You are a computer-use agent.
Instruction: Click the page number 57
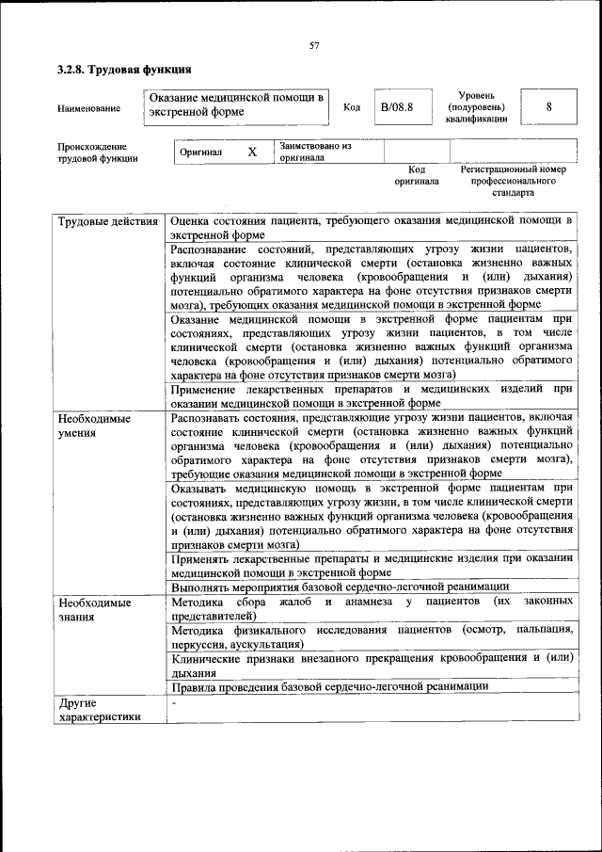coord(315,46)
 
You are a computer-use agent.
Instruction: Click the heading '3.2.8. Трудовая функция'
coord(124,71)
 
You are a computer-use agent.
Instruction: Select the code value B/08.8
coord(397,107)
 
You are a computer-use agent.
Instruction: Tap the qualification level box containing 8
coord(548,107)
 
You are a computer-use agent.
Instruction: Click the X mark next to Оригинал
coord(251,152)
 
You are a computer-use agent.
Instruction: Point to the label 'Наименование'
coord(88,108)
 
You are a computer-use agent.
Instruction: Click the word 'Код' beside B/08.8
coord(352,107)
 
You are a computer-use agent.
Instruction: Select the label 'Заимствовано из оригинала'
coord(314,153)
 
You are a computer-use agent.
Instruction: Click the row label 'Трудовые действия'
coord(107,222)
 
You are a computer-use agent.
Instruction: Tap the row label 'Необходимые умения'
coord(94,425)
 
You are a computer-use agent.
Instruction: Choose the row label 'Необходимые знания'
coord(94,609)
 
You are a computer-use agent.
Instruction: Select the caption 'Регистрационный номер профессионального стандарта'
coord(513,181)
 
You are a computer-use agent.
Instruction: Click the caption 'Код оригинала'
coord(416,175)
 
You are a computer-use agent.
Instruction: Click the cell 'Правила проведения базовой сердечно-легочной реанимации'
coord(330,687)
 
